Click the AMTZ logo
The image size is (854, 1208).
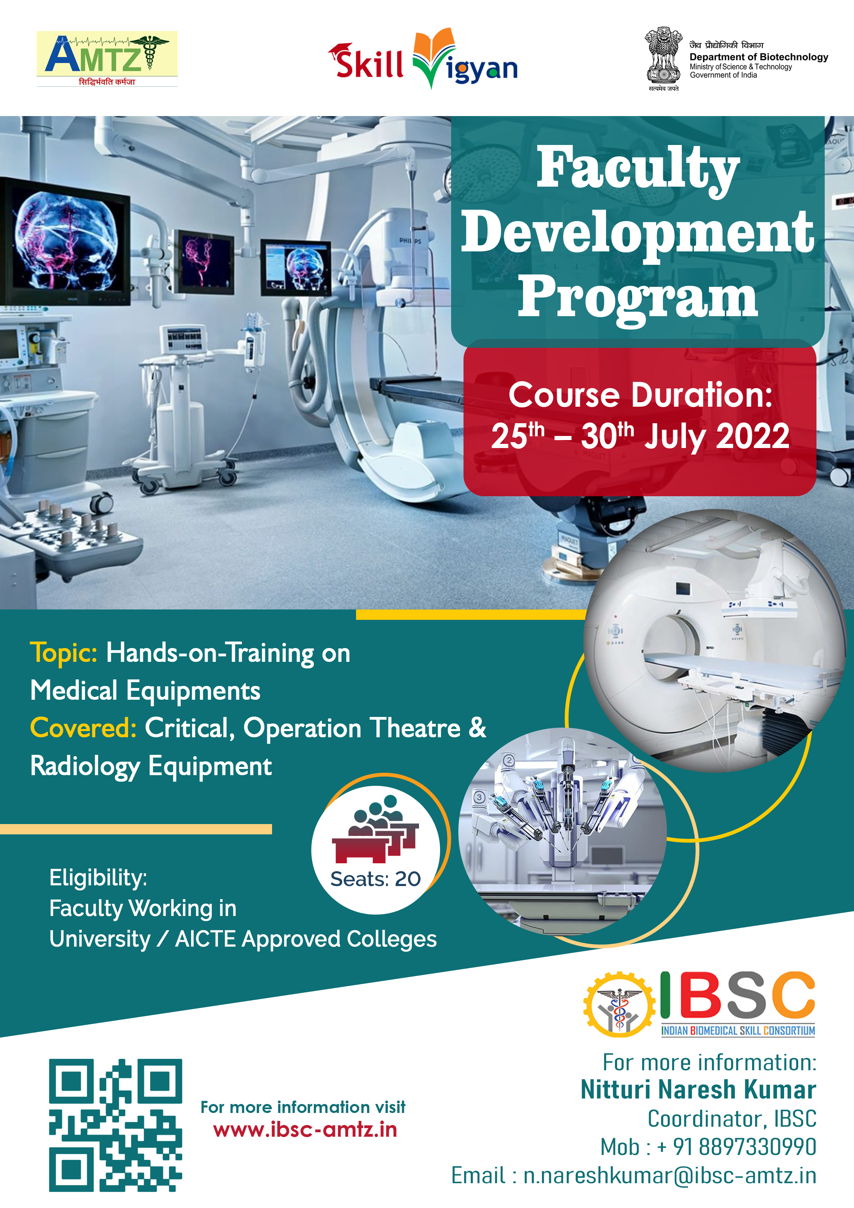[x=107, y=59]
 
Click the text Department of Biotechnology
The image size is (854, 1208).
[x=759, y=57]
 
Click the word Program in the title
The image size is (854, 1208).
[x=638, y=298]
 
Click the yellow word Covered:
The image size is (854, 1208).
[x=83, y=728]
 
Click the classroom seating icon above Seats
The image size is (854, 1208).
[x=375, y=829]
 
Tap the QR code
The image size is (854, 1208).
[x=116, y=1125]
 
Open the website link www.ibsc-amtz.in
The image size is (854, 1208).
[x=305, y=1129]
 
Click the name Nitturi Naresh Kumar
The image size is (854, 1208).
[x=698, y=1089]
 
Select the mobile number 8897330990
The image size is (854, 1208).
[x=758, y=1147]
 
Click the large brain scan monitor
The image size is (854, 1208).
[x=64, y=241]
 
